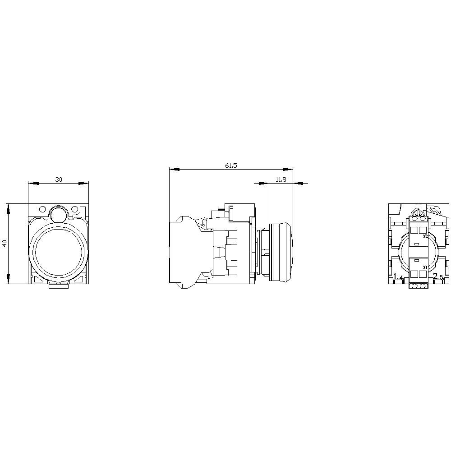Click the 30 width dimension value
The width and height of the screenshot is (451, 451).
pyautogui.click(x=59, y=179)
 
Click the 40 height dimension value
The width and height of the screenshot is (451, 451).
pyautogui.click(x=5, y=244)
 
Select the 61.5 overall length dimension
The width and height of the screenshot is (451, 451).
pyautogui.click(x=231, y=166)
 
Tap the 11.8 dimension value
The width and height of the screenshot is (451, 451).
pyautogui.click(x=281, y=179)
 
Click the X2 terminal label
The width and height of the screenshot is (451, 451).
pyautogui.click(x=425, y=235)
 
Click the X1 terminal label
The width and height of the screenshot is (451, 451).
pyautogui.click(x=425, y=267)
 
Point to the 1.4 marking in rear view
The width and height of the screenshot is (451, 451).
pyautogui.click(x=398, y=277)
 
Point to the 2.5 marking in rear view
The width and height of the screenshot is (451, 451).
pyautogui.click(x=437, y=277)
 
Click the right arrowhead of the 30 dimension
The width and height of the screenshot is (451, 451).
pyautogui.click(x=83, y=183)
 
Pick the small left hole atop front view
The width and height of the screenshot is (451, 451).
pyautogui.click(x=42, y=210)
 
